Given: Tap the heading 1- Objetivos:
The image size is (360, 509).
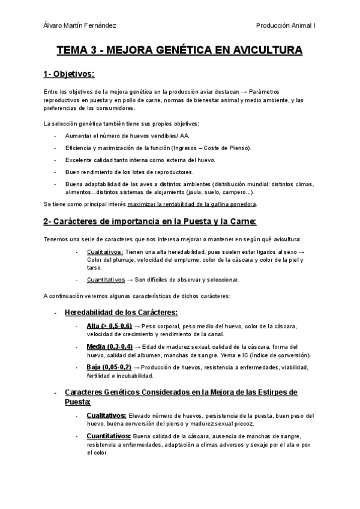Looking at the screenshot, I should tap(69, 74).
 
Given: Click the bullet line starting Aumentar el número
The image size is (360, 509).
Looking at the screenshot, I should tap(105, 136).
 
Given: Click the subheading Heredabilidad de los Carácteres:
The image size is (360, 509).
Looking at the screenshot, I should tap(121, 313).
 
